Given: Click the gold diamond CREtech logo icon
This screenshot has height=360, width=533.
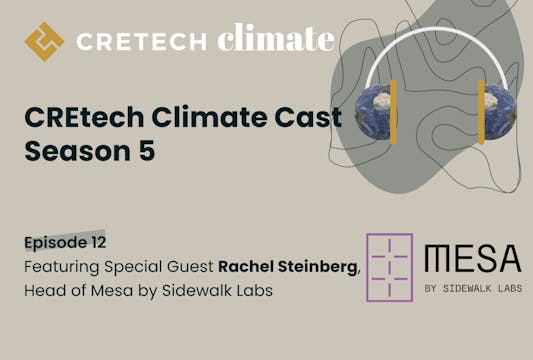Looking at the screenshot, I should (x=43, y=41).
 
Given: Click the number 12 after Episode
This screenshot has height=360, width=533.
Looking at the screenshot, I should (x=96, y=242).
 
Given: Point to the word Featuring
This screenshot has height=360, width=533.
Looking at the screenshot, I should (x=62, y=268).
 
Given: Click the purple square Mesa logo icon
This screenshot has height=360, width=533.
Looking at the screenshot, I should (x=389, y=267).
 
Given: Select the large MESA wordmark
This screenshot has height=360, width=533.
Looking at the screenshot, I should (x=472, y=259).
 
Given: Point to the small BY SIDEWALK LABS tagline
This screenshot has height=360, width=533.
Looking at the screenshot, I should (x=473, y=291).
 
